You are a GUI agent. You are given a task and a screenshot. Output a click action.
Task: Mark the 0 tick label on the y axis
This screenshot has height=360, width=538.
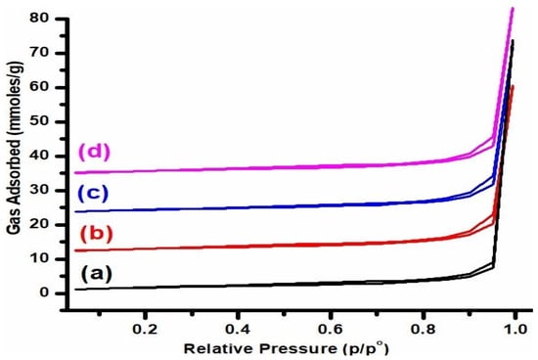click(42, 292)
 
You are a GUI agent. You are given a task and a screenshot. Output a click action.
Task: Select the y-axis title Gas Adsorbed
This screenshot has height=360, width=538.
click(13, 157)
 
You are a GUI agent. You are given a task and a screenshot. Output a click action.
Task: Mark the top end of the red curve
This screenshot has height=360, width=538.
click(513, 86)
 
